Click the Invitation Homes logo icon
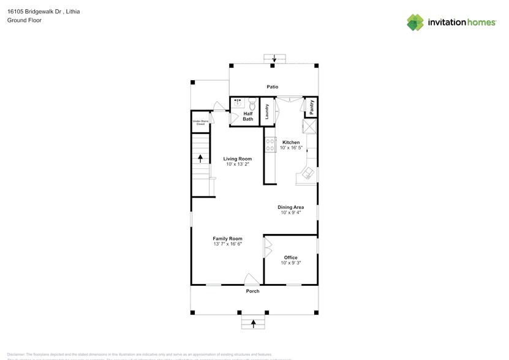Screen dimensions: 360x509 tap(415, 22)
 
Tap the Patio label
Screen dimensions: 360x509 tap(272, 87)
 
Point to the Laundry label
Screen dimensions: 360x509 tap(268, 111)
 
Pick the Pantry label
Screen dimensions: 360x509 tap(311, 107)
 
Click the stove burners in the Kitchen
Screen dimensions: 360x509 tap(269, 145)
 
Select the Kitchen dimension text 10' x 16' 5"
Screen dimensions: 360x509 tap(291, 148)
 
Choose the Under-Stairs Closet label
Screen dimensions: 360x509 tap(200, 122)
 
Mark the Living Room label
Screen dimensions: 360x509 tap(237, 159)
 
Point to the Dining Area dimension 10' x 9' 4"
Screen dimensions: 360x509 tap(291, 212)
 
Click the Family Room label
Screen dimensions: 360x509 tap(227, 238)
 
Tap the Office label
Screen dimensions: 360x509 tap(290, 257)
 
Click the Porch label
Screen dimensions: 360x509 tap(252, 291)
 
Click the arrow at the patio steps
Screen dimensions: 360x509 tap(274, 59)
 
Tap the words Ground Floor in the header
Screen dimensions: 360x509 tap(24, 20)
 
